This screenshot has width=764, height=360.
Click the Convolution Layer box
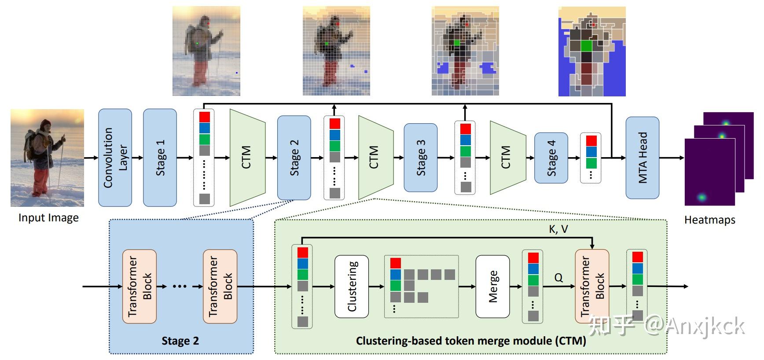coord(115,158)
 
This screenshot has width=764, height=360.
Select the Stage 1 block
coord(160,158)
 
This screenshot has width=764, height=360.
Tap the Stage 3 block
coord(421,158)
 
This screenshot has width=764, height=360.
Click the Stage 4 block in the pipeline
coord(551,158)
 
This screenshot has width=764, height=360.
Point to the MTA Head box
coord(643,158)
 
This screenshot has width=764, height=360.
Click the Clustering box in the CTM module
coord(352,287)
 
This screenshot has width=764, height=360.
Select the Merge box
coord(492,287)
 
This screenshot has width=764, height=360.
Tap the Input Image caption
coord(48,218)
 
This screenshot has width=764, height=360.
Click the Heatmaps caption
coord(709,220)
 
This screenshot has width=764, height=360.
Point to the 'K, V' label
coord(558,229)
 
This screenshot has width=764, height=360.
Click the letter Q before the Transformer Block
coord(558,278)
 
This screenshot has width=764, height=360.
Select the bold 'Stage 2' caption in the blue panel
coord(180,341)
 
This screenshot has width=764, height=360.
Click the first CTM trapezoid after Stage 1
coord(247,158)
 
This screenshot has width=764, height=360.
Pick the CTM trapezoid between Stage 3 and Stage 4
coord(508,158)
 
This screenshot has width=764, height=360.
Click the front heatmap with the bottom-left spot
coord(710,172)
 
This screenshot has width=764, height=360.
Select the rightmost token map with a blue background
coord(592,51)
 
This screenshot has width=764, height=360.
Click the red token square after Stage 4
coord(591,141)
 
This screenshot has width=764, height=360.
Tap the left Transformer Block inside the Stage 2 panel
coord(139,287)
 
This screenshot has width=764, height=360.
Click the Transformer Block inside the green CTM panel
coord(592,287)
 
